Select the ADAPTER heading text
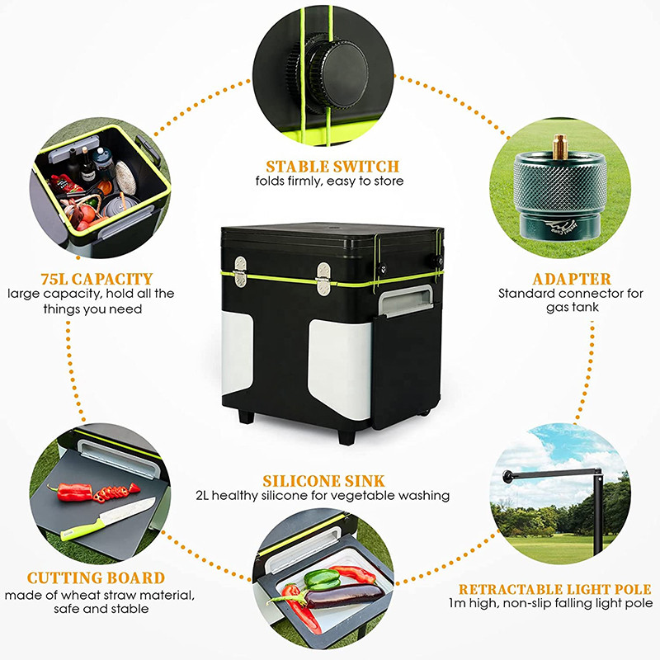coord(560,278)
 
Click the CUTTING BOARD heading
coord(96,577)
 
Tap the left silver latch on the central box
coord(240,273)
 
